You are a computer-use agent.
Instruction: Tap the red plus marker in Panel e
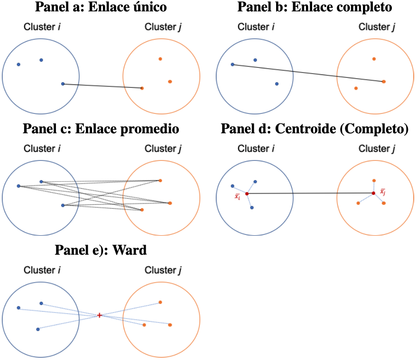[99, 315]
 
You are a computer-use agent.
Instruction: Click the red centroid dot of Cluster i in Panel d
[246, 193]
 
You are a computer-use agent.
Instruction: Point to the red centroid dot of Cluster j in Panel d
[373, 193]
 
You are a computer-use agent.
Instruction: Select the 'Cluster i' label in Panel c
[42, 149]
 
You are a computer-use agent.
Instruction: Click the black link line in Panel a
[102, 86]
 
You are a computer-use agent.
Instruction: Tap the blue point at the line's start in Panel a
[63, 84]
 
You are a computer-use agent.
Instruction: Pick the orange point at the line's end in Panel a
[142, 88]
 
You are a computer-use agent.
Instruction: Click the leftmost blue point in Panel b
[232, 65]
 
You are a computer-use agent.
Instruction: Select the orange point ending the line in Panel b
[383, 82]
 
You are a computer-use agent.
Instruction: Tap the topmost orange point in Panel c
[160, 180]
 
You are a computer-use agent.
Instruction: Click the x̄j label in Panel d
[383, 192]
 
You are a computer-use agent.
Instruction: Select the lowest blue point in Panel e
[37, 329]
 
